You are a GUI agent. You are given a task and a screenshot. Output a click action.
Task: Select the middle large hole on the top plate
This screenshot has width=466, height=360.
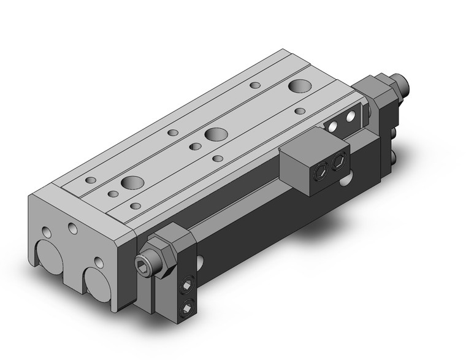coord(214,134)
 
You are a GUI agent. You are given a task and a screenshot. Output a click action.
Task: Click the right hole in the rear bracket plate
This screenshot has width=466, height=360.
coord(351,116)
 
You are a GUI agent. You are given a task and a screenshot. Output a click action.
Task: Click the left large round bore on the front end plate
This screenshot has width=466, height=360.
coord(48,257)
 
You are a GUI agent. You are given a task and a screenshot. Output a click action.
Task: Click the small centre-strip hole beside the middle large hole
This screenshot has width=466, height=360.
coord(195,145)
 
